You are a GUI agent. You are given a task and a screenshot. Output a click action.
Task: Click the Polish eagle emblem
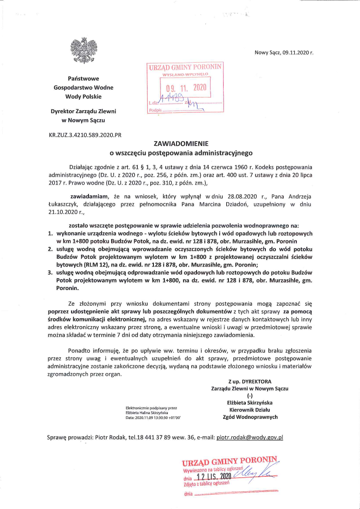tap(83, 51)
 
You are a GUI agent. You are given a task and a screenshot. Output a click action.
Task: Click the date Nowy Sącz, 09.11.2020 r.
tap(284, 53)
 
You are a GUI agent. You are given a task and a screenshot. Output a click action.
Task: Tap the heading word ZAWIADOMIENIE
tap(181, 143)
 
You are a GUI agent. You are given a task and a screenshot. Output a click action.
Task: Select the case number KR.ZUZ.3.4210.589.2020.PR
tap(85, 135)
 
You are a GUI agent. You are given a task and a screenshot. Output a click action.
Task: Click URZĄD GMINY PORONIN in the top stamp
tap(185, 67)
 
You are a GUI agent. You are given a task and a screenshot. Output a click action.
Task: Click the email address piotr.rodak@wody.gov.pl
tap(250, 437)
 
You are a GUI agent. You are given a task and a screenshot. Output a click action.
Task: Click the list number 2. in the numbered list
tap(50, 250)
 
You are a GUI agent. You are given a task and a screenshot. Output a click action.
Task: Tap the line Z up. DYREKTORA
tap(249, 382)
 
